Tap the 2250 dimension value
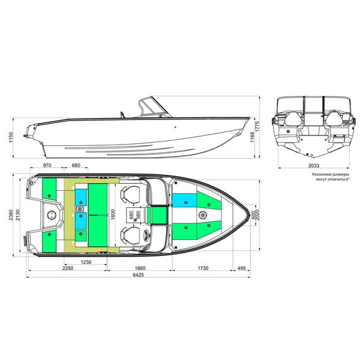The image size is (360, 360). tap(68, 268)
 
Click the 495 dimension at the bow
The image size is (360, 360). tap(241, 268)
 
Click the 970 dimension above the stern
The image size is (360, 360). tap(46, 165)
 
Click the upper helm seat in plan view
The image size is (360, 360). tap(131, 195)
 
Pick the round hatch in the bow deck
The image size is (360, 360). tap(203, 216)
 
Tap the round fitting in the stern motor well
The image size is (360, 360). tap(52, 216)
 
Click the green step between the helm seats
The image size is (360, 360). tap(158, 216)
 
